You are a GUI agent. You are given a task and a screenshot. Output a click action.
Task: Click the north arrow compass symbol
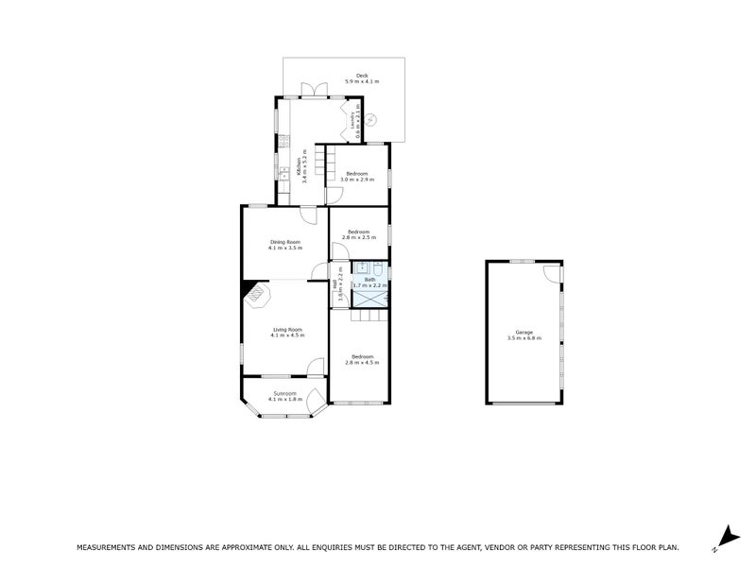(x=725, y=537)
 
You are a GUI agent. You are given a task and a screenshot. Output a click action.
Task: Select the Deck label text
(x=361, y=78)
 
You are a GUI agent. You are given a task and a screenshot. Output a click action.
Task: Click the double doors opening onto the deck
(x=309, y=92)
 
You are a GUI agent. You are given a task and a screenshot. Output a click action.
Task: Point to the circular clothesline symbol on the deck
(x=371, y=120)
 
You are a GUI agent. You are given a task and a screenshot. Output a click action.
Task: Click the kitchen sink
(x=282, y=173)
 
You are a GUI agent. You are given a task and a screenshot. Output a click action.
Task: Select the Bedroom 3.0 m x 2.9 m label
(x=356, y=176)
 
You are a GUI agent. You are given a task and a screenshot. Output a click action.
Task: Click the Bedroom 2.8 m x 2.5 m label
(x=359, y=234)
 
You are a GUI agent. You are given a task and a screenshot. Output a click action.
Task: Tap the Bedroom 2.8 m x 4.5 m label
(x=361, y=359)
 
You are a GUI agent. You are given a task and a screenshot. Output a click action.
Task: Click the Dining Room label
(x=284, y=245)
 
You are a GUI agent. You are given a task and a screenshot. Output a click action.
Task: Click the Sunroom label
(x=284, y=395)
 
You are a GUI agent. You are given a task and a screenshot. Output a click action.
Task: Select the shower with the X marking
(x=369, y=297)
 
